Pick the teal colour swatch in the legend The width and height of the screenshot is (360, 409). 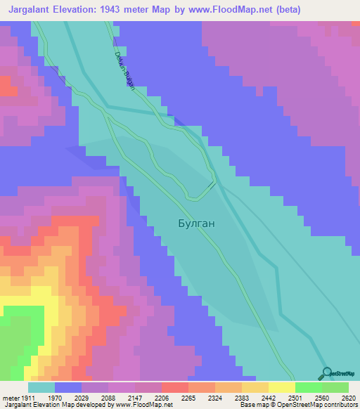(41, 388)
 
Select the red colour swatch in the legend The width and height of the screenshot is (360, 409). (174, 388)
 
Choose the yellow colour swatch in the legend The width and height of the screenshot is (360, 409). (281, 388)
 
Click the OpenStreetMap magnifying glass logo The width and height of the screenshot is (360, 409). (325, 372)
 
